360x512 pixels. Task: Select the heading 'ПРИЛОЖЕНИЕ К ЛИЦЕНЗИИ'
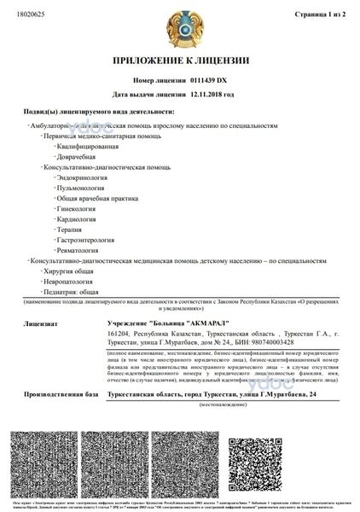(180, 61)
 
